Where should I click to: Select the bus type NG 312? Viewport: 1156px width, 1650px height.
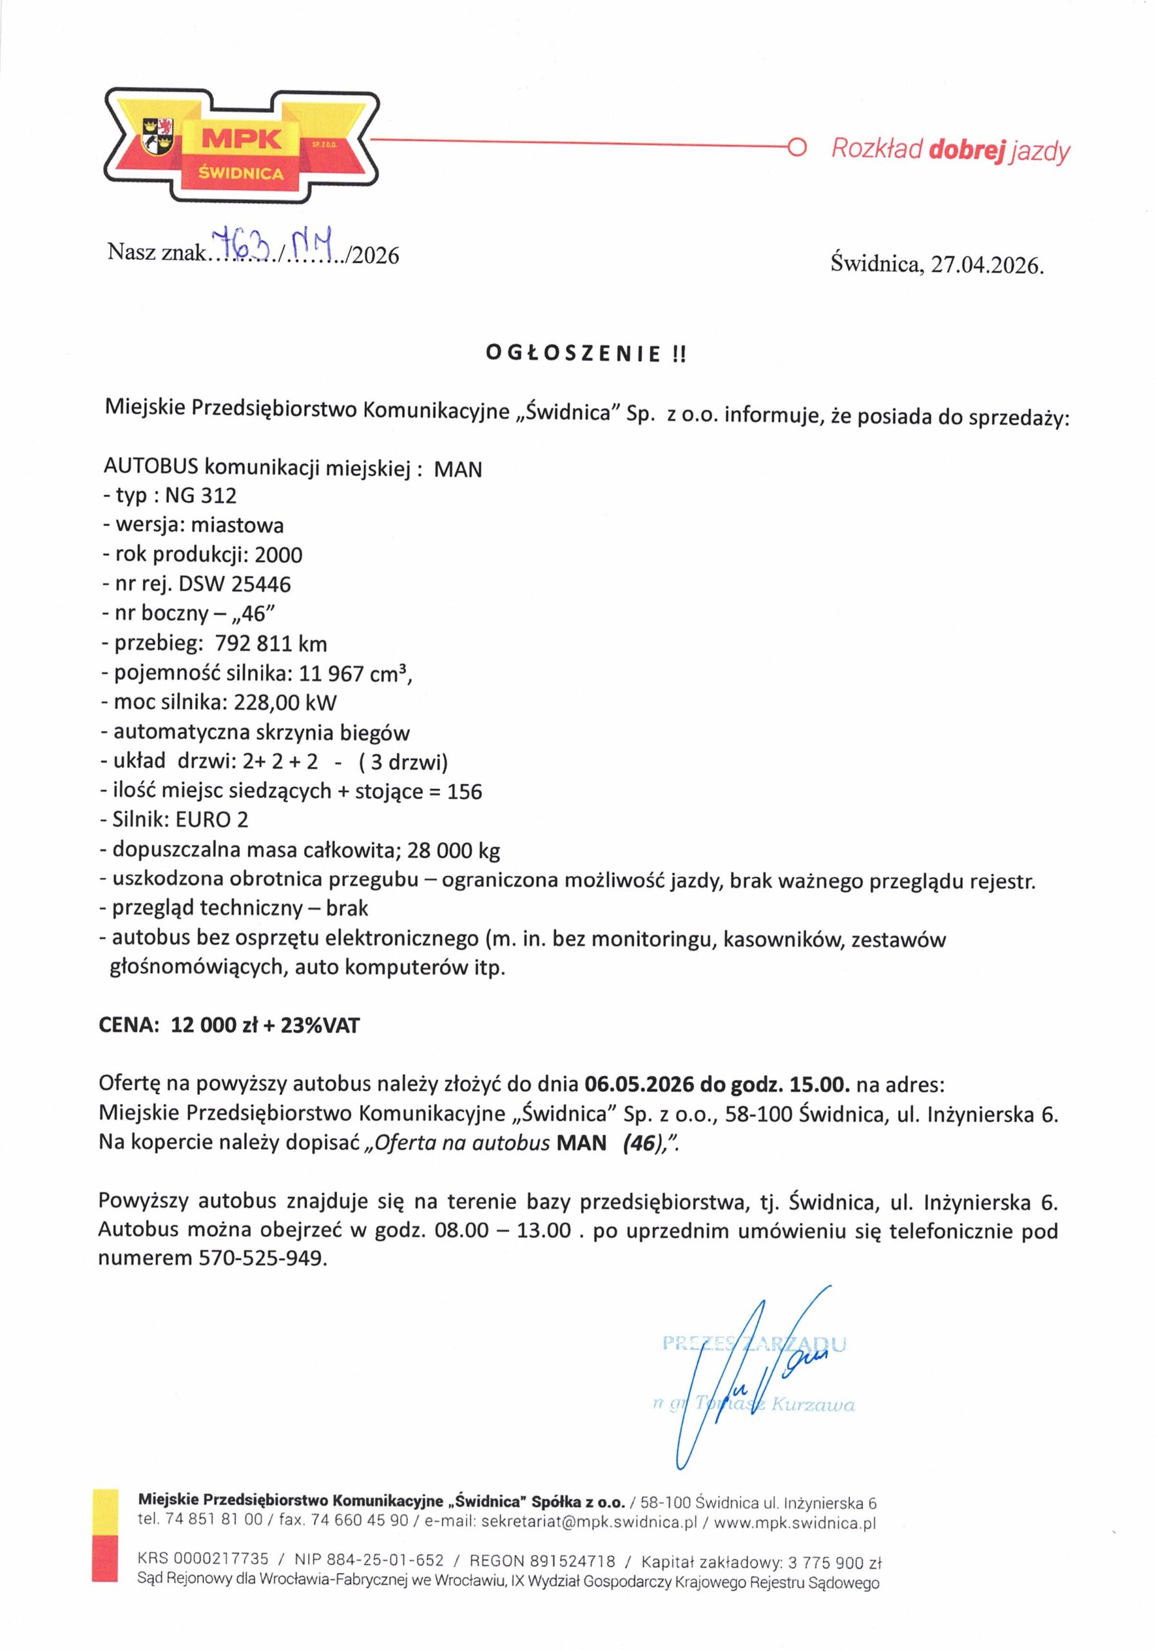[x=200, y=496]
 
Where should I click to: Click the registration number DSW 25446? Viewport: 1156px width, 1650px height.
[x=235, y=584]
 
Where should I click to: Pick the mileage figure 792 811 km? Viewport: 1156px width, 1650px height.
[x=271, y=643]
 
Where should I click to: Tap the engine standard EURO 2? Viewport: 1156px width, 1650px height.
[x=212, y=820]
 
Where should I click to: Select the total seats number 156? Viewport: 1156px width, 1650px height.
[x=464, y=792]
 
